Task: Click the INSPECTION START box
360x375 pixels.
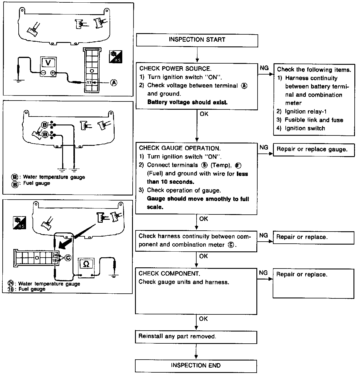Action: (197, 40)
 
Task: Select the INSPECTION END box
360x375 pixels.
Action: (196, 366)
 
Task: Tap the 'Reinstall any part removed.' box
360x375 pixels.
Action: (196, 337)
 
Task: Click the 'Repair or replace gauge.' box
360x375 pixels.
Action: (314, 149)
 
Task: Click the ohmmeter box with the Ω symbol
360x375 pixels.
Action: (86, 264)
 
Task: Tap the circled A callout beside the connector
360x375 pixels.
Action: (113, 83)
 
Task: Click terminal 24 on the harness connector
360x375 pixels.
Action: (55, 255)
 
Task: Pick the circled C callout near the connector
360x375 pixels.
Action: (68, 258)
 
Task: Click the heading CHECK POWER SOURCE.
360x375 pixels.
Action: (175, 69)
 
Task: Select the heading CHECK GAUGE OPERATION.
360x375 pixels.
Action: (180, 148)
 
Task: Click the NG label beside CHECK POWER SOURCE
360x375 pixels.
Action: (264, 68)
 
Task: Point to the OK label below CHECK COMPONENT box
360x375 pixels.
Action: (203, 319)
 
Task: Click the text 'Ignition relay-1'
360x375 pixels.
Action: (306, 111)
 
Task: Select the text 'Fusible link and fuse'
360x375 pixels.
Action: (314, 120)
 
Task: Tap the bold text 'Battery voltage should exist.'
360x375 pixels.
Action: (187, 102)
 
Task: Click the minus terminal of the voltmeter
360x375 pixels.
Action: (44, 73)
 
